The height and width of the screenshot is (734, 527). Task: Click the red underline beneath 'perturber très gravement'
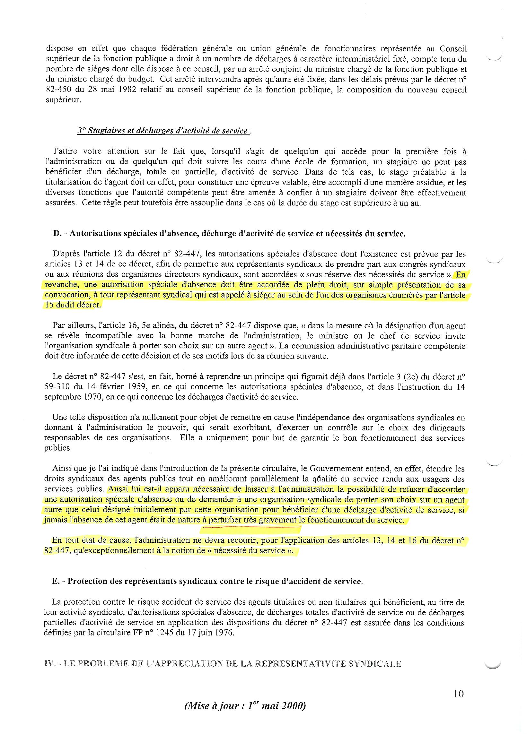click(251, 528)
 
